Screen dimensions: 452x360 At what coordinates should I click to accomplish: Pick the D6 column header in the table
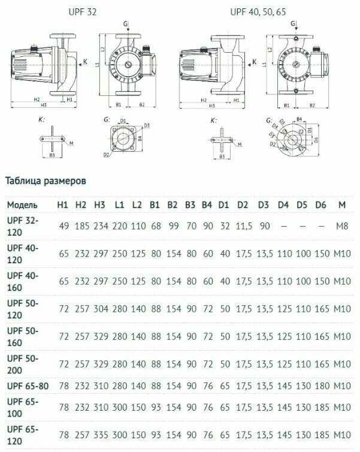coord(320,205)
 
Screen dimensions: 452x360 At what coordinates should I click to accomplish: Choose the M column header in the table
coord(341,205)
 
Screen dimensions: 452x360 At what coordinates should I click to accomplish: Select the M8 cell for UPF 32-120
coord(341,226)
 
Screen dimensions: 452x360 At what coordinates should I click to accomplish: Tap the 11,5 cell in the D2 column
coord(243,226)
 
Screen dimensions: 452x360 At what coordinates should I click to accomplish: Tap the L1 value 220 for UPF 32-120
coord(119,226)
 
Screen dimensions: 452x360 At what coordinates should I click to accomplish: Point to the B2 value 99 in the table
coord(173,226)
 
